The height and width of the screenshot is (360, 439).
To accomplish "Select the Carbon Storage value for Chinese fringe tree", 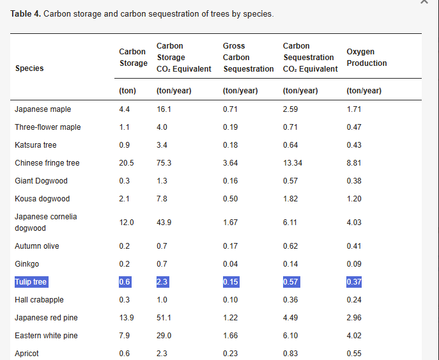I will click(126, 163).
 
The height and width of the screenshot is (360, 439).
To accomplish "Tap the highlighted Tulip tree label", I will click(31, 282).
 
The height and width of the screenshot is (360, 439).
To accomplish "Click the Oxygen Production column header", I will click(366, 58).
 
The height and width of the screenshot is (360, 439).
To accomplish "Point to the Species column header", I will click(29, 68).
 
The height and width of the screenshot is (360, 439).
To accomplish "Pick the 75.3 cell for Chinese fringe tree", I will click(164, 163).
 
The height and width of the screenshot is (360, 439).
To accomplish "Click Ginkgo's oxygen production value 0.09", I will click(353, 264).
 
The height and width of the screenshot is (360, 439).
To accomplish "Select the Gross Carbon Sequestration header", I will click(248, 58).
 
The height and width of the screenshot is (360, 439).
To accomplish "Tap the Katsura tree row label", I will click(36, 145).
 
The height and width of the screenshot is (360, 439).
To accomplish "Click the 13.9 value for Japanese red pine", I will click(126, 318).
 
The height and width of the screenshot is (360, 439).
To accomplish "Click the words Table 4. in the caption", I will click(26, 14).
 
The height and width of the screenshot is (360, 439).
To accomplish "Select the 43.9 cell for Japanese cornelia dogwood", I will click(164, 223).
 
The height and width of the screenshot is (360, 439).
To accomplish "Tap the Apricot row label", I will click(27, 354).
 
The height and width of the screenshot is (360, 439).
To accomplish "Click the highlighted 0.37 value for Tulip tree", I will click(354, 282).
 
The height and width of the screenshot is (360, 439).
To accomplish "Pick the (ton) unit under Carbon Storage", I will click(127, 91).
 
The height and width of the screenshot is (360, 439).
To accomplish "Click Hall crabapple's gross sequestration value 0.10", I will click(230, 300).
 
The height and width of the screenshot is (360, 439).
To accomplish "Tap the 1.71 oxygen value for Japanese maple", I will click(354, 109).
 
